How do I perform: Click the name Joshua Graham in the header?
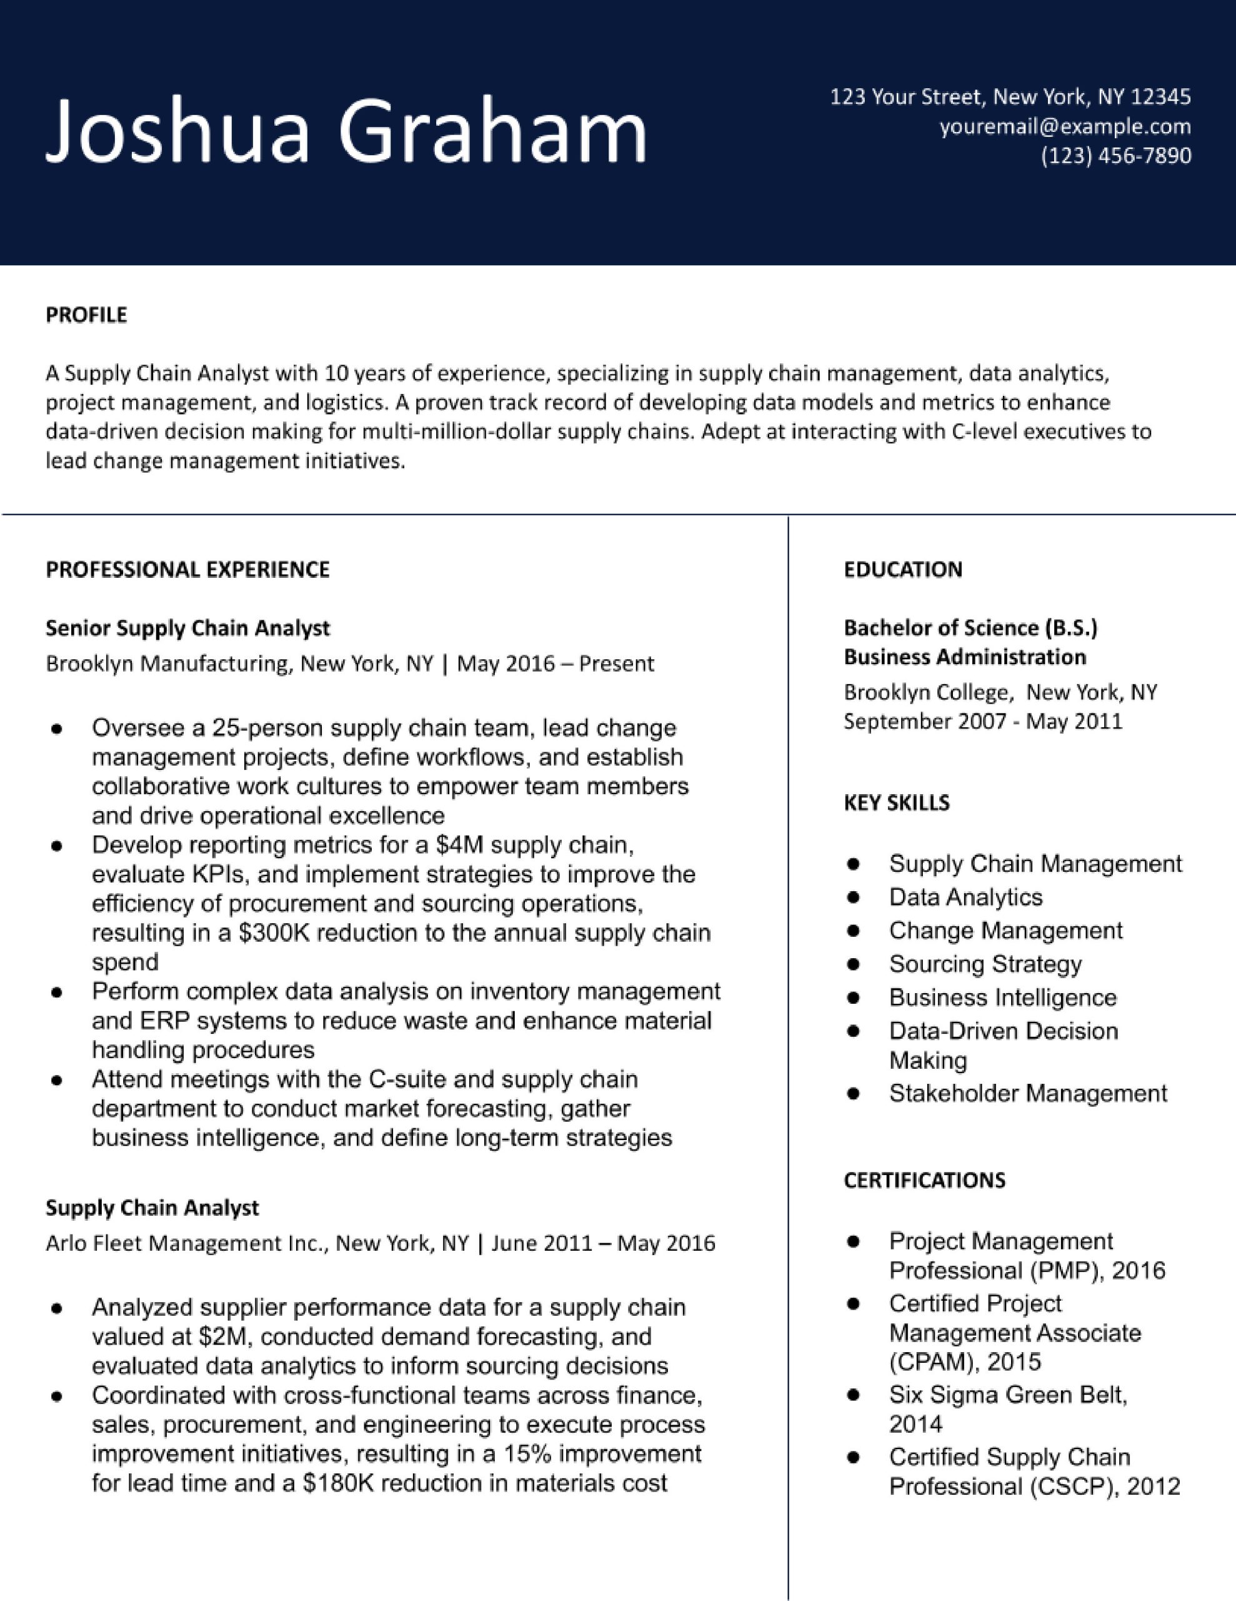pos(347,132)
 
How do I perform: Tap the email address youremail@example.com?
pos(1065,127)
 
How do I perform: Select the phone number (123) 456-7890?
pos(1116,155)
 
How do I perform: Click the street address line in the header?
pos(1010,97)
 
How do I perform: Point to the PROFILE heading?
pos(86,315)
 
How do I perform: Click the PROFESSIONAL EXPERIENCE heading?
pos(187,570)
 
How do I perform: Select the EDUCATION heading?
pos(903,570)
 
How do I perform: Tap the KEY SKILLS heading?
pos(896,803)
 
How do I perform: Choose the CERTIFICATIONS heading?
pos(924,1180)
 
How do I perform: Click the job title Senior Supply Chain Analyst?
pos(187,629)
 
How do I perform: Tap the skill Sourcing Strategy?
pos(985,964)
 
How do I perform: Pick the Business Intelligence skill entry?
pos(1002,997)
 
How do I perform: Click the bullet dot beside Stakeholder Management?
pos(853,1094)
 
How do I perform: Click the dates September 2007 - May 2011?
pos(982,721)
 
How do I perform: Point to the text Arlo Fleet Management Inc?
pos(187,1243)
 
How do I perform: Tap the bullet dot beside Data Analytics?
pos(853,897)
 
